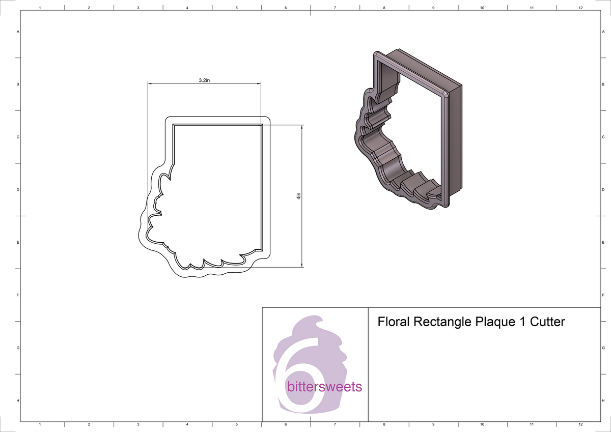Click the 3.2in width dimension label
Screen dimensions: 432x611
205,80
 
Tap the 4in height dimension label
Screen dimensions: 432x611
299,195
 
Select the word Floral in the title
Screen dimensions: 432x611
394,322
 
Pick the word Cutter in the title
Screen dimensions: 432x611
547,322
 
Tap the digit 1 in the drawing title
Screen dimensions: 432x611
524,322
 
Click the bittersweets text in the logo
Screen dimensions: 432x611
324,387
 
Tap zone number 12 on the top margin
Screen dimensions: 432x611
580,8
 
